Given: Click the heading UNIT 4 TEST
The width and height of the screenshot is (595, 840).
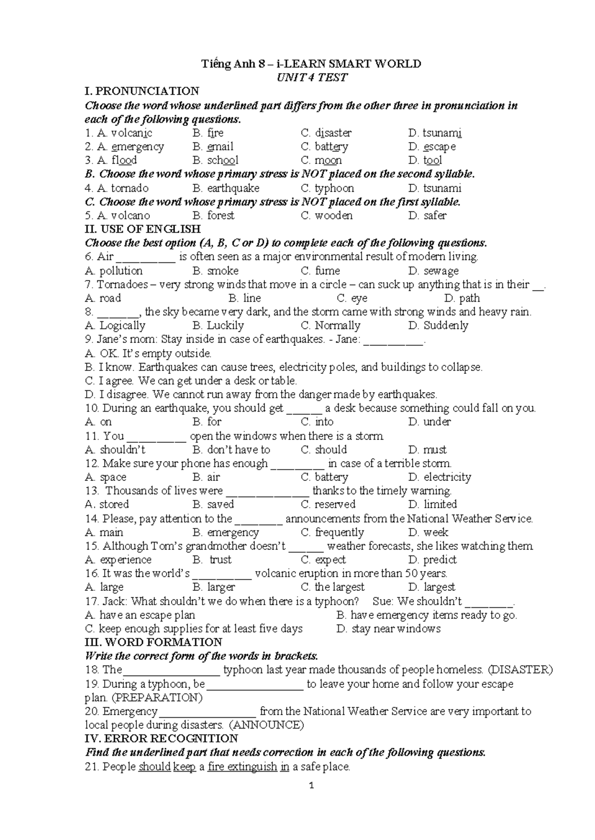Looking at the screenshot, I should [312, 77].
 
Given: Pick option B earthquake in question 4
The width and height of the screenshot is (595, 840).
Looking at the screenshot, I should [226, 188].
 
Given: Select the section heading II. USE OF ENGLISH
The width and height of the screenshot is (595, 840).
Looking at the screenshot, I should [143, 229].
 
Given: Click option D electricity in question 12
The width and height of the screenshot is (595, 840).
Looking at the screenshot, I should [439, 477].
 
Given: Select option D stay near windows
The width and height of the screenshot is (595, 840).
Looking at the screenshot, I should [388, 629].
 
